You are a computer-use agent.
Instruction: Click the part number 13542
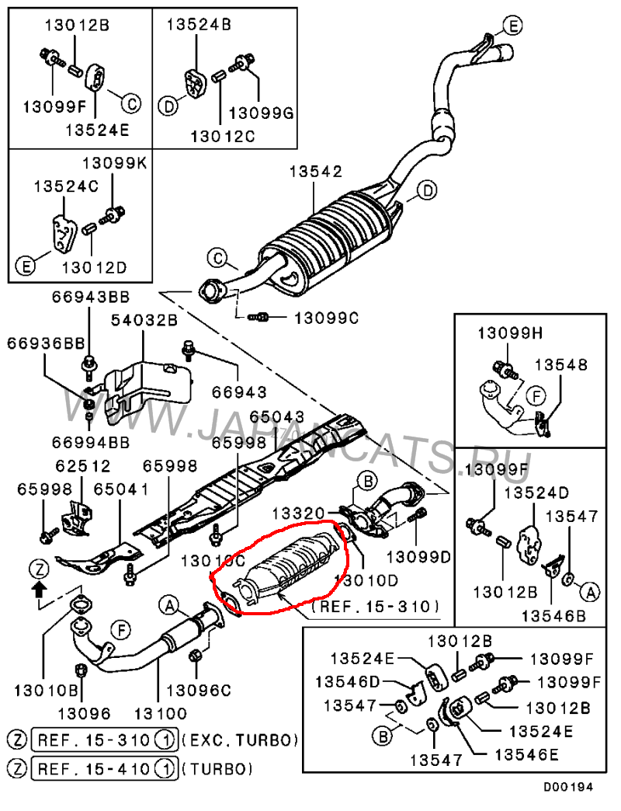point(316,172)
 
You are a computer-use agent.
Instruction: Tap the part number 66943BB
point(91,296)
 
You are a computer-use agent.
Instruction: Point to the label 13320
point(298,514)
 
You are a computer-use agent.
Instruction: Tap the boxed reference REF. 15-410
point(96,769)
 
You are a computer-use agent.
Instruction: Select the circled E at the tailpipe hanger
point(511,26)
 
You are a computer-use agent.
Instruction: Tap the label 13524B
point(199,24)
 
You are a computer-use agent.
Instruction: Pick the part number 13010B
point(43,690)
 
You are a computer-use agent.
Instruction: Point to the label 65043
point(277,418)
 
